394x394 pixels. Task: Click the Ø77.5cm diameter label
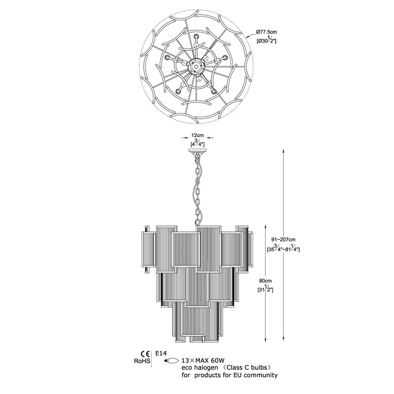[x=266, y=32]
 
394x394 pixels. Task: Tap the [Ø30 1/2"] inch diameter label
[x=266, y=40]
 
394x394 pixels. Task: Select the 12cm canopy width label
[x=197, y=136]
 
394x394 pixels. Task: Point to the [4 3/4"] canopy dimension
[x=197, y=143]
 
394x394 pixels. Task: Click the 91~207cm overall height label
[x=283, y=239]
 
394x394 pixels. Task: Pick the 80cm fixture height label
[x=265, y=281]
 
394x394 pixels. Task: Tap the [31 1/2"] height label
[x=265, y=289]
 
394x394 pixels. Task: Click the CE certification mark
[x=145, y=354]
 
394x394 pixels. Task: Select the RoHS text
[x=142, y=361]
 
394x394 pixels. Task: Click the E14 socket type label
[x=161, y=353]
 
